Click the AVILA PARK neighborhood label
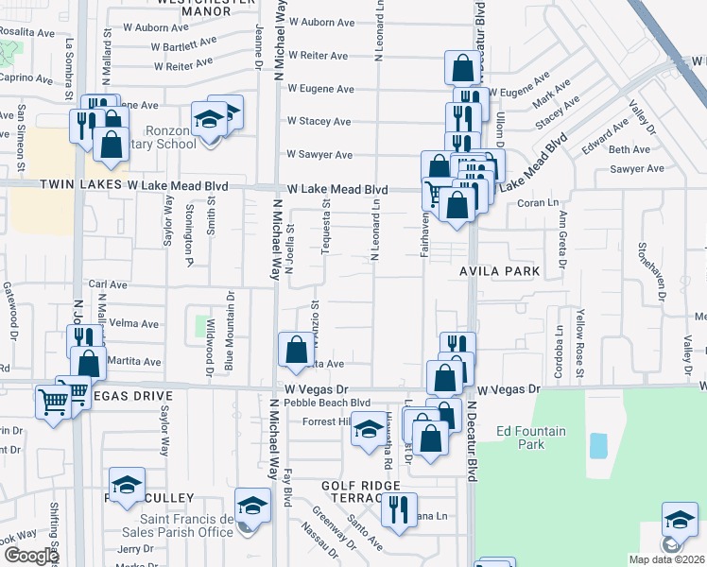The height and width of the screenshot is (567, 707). pyautogui.click(x=499, y=271)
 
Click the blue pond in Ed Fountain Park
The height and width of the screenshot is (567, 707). pyautogui.click(x=598, y=445)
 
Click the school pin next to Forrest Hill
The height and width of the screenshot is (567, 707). pyautogui.click(x=368, y=430)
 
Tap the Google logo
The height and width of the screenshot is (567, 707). pyautogui.click(x=30, y=556)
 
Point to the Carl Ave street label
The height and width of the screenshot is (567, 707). pyautogui.click(x=107, y=283)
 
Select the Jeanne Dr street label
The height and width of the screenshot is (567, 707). pyautogui.click(x=258, y=43)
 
